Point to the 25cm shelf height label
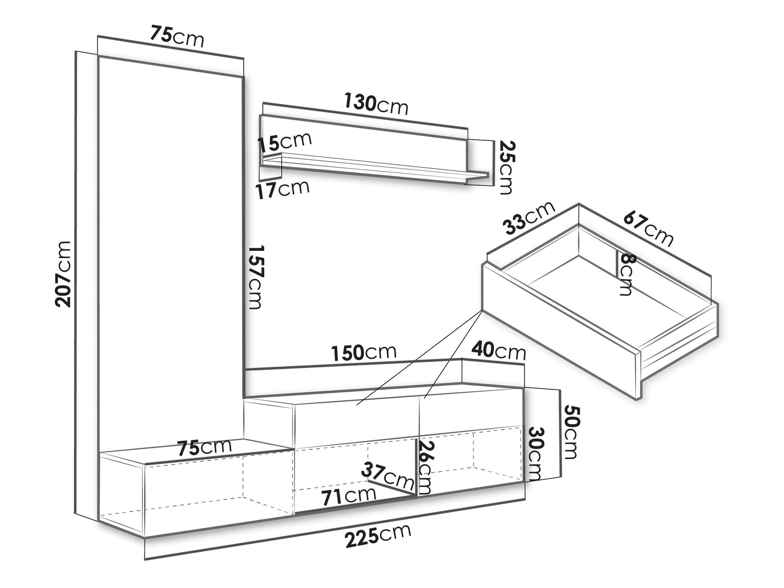coord(505,167)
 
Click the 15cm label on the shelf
coord(285,141)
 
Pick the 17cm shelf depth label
coord(282,190)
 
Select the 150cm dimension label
coord(363,352)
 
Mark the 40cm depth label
coord(498,351)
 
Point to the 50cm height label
coord(571,432)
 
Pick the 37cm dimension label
coord(388,476)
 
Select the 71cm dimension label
coord(349,496)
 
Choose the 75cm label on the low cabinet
coord(205,447)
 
